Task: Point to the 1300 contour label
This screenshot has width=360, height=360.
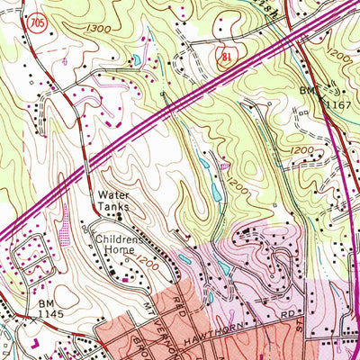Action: point(102,30)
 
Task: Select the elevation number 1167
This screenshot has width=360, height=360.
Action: point(337,105)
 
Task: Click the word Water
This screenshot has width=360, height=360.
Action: point(114,194)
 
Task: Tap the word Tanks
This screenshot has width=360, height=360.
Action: point(113,207)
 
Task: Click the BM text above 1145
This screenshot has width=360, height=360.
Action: point(47,304)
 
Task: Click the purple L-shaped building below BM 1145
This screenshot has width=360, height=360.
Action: point(33,342)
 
